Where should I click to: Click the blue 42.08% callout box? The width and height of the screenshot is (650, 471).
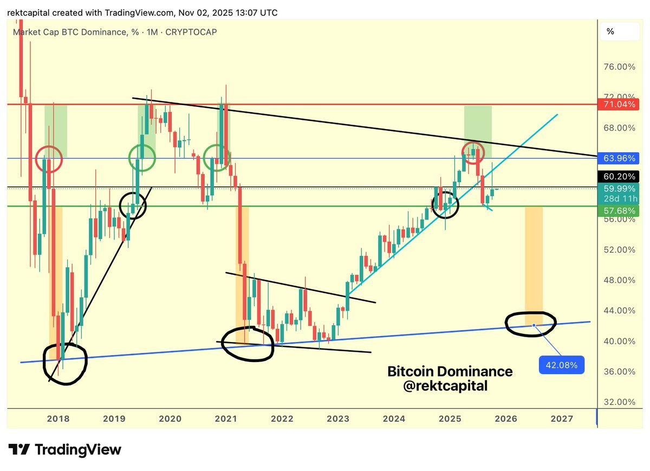click(561, 365)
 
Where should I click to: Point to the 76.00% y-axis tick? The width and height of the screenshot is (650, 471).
click(620, 67)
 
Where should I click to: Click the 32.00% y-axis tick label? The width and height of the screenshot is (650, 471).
click(620, 402)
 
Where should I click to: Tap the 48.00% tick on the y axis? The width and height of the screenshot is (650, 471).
click(620, 280)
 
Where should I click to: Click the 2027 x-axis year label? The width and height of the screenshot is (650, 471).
click(562, 418)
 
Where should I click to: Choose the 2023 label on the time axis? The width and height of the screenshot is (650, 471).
click(338, 418)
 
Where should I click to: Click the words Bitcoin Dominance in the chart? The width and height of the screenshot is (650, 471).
click(450, 372)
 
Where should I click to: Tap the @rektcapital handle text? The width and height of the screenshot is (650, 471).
click(445, 386)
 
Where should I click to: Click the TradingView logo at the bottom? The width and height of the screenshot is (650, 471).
click(65, 449)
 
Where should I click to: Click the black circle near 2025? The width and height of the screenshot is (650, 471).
click(445, 204)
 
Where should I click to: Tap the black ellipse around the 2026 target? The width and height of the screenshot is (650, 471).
click(531, 324)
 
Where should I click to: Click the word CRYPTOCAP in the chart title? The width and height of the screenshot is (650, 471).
click(191, 32)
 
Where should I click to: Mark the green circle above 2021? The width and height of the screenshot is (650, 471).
click(217, 158)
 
